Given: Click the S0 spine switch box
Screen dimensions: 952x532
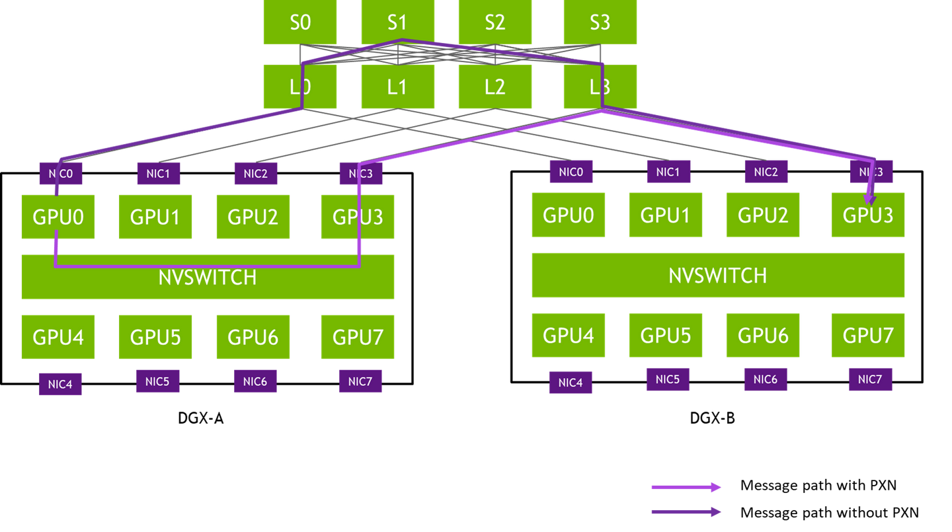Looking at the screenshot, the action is (299, 22).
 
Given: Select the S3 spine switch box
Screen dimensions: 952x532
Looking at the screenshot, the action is (600, 22).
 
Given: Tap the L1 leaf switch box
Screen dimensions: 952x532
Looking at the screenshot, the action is (398, 87).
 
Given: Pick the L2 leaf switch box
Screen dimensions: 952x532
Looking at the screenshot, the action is (495, 87).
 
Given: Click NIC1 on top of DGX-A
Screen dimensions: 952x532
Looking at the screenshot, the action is (159, 173).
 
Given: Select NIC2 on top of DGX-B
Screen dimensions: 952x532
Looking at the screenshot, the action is (766, 172).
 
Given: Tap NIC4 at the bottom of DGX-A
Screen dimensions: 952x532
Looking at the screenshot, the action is (60, 384).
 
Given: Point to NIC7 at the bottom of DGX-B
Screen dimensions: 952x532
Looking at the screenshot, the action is (871, 379).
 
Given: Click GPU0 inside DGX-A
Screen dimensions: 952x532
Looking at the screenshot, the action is (58, 217).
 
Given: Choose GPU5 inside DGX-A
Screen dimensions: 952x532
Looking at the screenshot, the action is (155, 337).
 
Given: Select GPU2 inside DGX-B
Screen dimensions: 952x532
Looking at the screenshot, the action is (763, 215).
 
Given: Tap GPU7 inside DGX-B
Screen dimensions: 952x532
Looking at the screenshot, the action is (868, 335).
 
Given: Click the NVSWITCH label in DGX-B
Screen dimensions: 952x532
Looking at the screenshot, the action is (718, 276).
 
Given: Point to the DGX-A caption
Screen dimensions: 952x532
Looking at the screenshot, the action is (200, 418).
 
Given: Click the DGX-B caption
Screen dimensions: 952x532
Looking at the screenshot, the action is (712, 418).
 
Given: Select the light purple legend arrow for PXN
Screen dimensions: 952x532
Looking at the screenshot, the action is (686, 487).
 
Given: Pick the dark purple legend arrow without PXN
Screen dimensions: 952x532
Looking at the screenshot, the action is (686, 512).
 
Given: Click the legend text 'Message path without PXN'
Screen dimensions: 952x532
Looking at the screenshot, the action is (830, 512).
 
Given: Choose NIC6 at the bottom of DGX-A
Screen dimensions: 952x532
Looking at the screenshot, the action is (255, 381).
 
